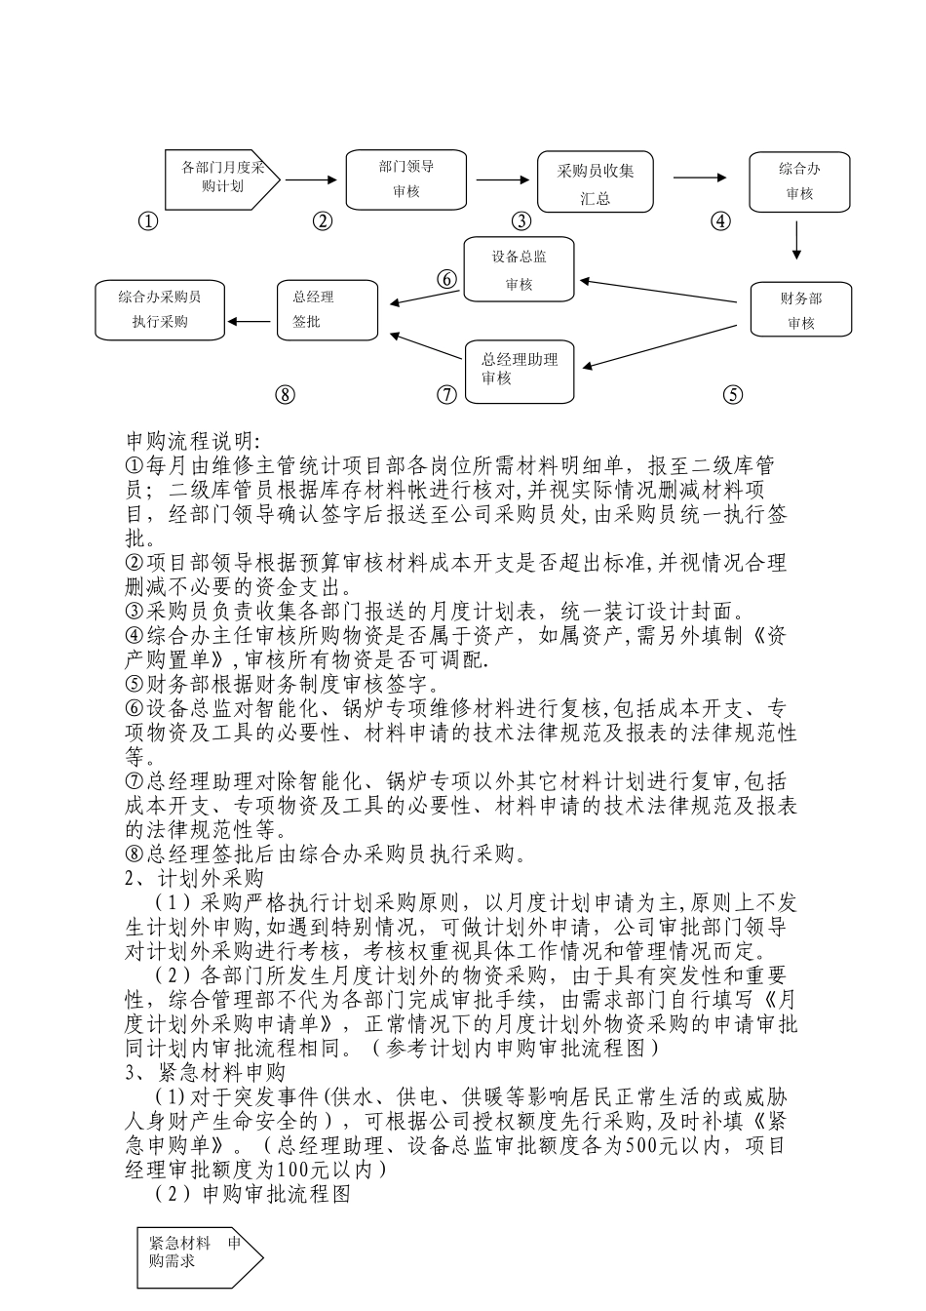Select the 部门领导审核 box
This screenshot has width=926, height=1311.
point(407,179)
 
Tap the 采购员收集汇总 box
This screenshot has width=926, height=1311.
point(596,183)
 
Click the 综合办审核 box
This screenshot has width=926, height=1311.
point(799,181)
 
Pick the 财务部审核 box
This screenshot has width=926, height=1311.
point(800,310)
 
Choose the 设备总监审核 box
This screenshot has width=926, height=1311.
point(519,269)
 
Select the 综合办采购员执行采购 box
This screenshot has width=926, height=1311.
point(160,309)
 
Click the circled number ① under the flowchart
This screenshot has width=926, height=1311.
point(147,221)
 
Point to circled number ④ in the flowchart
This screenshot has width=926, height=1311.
point(720,221)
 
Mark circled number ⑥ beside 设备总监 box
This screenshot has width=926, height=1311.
point(446,279)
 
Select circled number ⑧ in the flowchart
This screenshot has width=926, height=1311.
point(284,394)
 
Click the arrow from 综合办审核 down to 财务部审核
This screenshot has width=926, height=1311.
point(797,241)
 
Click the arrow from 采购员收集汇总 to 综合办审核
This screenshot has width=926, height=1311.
point(700,178)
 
